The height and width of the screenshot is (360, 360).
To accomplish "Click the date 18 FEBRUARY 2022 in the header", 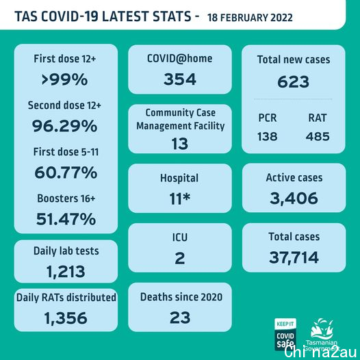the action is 250,18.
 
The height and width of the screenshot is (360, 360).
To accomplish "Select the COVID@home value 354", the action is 180,79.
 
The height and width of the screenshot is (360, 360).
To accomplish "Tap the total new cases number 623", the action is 293,81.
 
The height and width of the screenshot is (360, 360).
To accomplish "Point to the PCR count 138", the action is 267,136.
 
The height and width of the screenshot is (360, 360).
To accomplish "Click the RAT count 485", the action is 318,136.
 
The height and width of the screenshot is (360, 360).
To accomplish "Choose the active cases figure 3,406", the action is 294,198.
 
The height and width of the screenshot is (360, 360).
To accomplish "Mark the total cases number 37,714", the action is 294,257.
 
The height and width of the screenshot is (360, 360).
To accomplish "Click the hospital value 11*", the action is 180,198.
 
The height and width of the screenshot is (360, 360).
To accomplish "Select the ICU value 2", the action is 180,258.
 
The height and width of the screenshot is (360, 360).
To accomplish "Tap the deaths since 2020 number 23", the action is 180,318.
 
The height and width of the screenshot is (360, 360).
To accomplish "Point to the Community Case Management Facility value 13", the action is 180,144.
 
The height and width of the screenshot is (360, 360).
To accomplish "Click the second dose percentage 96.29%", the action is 64,126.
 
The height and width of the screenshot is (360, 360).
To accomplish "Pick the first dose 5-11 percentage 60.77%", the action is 66,172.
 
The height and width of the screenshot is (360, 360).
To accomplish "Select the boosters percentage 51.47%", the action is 66,219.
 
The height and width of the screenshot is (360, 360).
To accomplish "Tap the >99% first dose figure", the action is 64,79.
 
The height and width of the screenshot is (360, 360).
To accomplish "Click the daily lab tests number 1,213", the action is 66,272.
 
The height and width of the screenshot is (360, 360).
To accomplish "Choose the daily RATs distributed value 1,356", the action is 66,318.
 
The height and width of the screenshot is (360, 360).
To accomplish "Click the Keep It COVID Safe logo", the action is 285,334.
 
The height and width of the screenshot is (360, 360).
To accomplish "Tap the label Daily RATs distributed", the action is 66,298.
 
